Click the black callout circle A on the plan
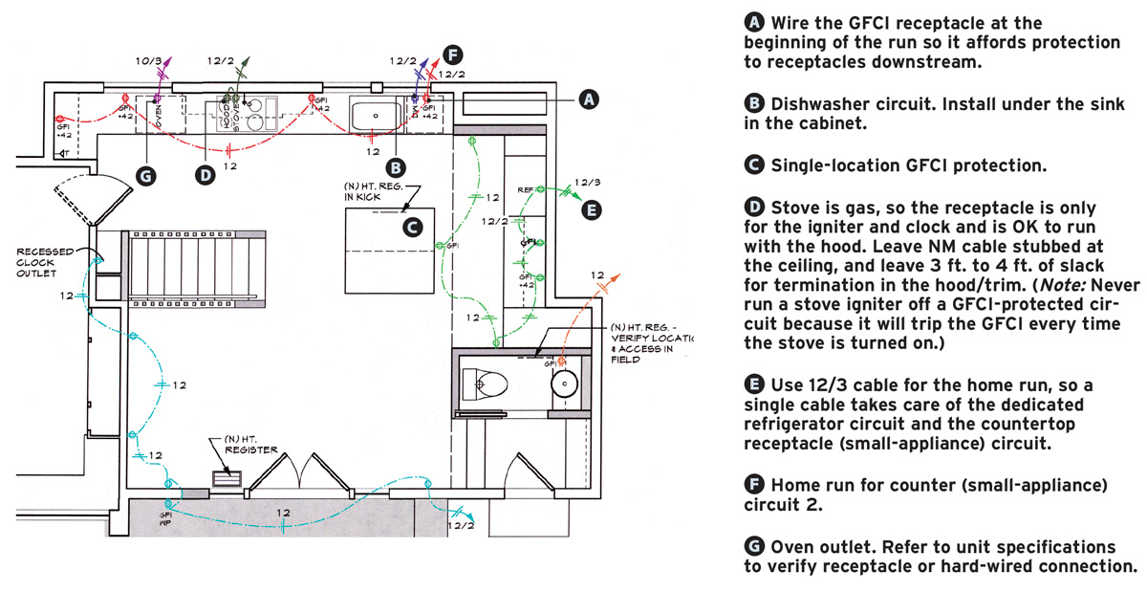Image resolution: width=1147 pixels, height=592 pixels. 589,98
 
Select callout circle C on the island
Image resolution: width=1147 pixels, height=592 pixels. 412,227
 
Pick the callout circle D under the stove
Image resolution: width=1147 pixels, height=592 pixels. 204,175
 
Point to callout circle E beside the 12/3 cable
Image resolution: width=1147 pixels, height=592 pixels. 592,208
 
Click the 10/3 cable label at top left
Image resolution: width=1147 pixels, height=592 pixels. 150,60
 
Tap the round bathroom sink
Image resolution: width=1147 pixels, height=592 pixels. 563,384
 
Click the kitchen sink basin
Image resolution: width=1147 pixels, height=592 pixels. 376,115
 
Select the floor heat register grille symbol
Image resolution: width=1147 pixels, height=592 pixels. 226,480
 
